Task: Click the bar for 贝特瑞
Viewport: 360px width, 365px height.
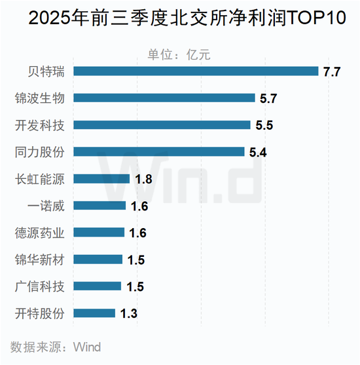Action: point(195,71)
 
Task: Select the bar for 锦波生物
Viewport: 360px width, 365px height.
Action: point(164,98)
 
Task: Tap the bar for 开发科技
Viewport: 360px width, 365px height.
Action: point(161,125)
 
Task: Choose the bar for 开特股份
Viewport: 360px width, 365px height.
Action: point(94,313)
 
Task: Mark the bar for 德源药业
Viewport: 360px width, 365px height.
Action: point(98,233)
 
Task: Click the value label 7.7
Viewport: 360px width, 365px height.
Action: point(332,71)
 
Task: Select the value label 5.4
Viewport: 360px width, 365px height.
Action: point(259,153)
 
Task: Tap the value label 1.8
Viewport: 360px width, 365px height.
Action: point(143,180)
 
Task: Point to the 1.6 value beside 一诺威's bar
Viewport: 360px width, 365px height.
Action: point(139,206)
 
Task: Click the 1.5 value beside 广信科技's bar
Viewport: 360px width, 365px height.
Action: point(135,287)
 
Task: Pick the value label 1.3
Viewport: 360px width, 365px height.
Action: point(128,314)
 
